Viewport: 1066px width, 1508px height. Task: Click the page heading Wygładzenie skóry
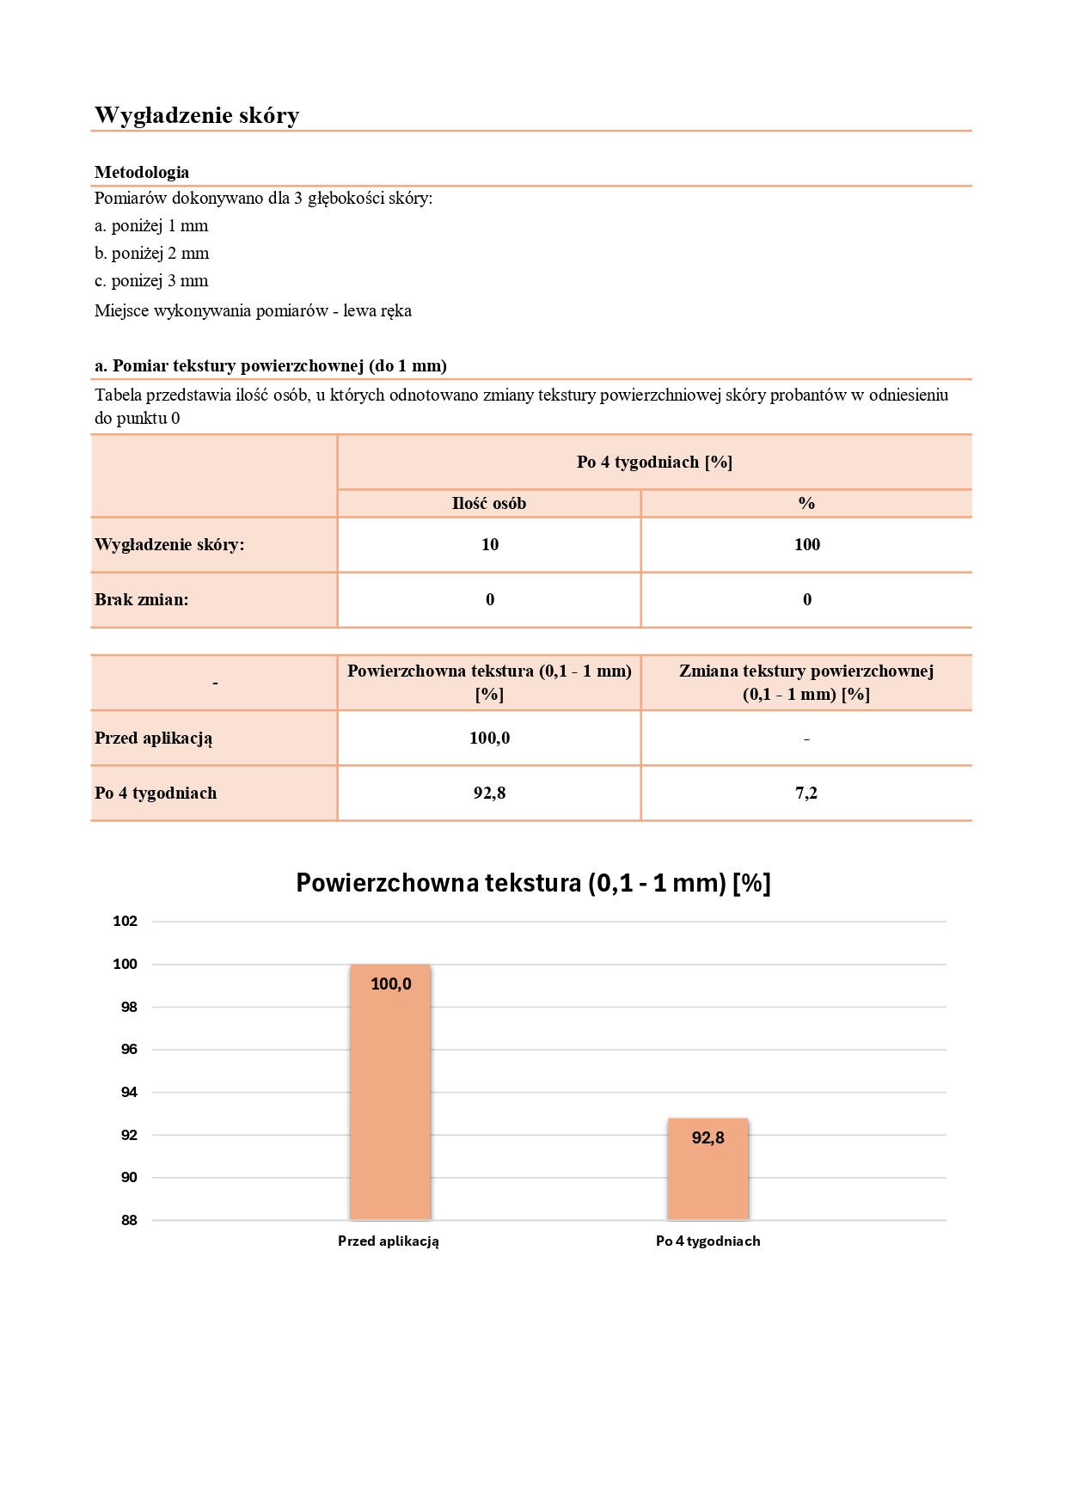(197, 115)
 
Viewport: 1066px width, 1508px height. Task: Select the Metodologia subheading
(142, 172)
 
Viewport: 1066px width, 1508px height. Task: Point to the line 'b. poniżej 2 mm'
(152, 254)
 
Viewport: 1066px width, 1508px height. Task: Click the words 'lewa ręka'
(377, 311)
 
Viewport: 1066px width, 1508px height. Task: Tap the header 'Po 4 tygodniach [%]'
(654, 463)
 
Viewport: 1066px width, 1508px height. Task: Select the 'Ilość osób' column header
(489, 504)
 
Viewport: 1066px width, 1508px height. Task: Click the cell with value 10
(490, 545)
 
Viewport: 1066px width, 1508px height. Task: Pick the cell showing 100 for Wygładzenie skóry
(806, 545)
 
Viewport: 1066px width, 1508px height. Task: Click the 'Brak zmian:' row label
(142, 600)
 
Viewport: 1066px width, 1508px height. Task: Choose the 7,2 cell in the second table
(806, 794)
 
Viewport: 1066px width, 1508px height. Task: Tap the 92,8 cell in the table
(489, 794)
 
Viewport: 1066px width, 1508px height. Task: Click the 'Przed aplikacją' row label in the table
(154, 739)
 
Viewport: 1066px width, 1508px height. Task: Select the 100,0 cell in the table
(489, 739)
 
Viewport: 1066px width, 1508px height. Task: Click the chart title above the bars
(533, 883)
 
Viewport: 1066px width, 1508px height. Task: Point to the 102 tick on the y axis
(126, 922)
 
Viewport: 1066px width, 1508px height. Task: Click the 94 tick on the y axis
(129, 1093)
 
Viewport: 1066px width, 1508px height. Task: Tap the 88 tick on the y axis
(129, 1221)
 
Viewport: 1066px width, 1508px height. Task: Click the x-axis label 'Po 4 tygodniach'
(708, 1241)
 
